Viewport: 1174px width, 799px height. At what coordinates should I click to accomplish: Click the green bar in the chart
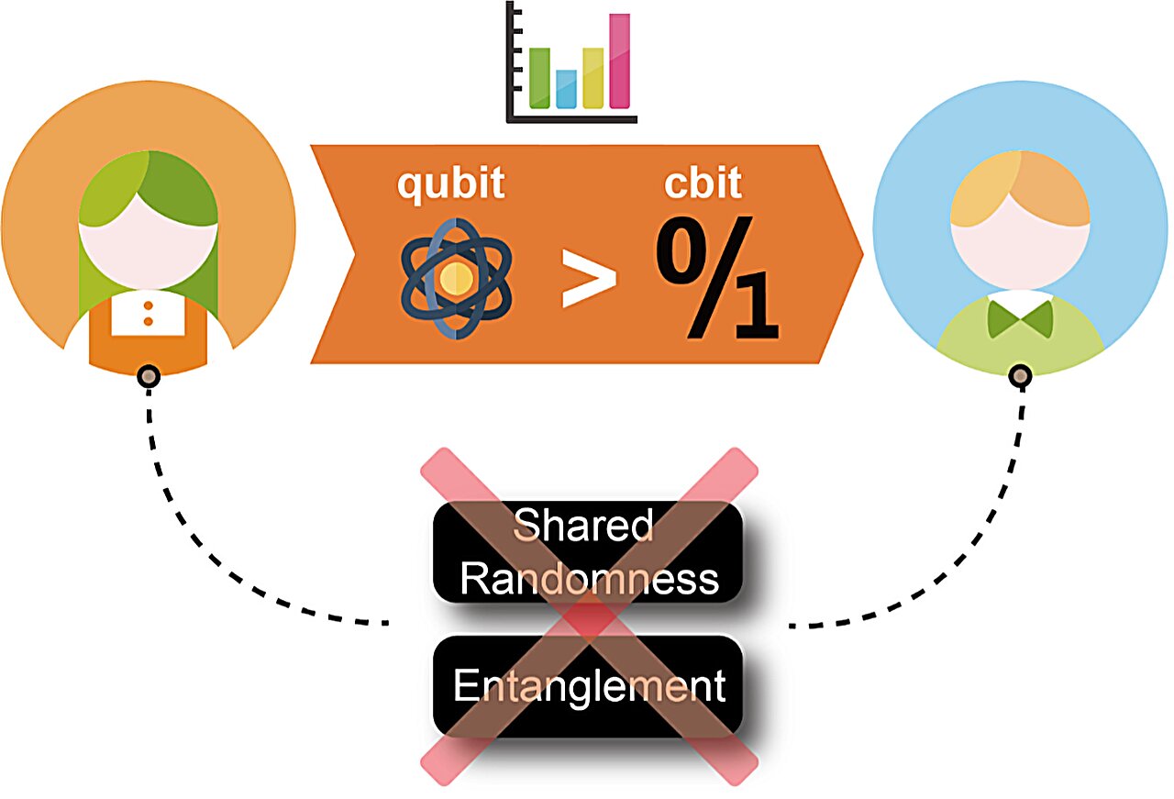click(x=539, y=77)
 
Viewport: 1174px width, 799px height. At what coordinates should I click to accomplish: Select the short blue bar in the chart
click(x=567, y=89)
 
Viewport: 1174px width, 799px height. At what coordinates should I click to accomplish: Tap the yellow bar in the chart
click(x=593, y=77)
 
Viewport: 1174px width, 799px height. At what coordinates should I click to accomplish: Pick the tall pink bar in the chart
click(x=621, y=61)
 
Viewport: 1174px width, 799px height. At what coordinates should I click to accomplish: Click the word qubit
click(x=450, y=183)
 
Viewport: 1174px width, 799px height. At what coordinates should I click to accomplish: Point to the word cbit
click(x=703, y=183)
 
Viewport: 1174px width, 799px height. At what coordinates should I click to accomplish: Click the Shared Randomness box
click(x=588, y=552)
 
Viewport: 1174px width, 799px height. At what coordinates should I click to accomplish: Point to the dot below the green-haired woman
click(x=149, y=376)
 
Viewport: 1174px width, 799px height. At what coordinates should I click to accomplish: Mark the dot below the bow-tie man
click(x=1021, y=376)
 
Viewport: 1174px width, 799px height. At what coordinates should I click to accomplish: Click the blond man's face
click(x=1020, y=248)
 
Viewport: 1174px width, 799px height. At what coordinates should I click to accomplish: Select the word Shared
click(x=583, y=527)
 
